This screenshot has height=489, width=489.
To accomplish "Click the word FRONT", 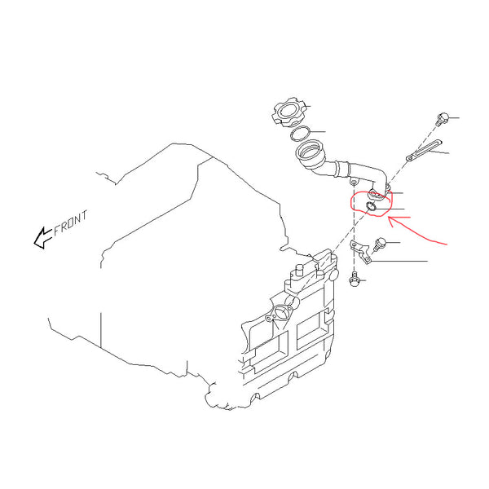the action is [70, 223].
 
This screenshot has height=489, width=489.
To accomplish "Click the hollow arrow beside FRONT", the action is [42, 238].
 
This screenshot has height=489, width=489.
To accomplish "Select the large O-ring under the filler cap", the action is [300, 134].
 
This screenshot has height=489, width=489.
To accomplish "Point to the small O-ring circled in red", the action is [372, 206].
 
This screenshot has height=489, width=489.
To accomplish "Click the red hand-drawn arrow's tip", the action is [389, 219].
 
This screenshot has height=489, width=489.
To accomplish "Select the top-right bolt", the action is [443, 120].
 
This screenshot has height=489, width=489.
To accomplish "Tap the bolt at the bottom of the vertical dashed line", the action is [355, 279].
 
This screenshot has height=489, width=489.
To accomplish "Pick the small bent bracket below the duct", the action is [360, 252].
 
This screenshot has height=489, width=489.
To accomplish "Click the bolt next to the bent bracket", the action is [379, 244].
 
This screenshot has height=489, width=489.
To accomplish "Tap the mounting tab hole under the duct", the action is [354, 182].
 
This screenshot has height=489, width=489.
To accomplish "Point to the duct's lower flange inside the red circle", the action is [378, 195].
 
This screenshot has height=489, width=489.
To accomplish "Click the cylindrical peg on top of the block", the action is [299, 270].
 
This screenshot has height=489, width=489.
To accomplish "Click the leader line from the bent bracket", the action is [399, 261].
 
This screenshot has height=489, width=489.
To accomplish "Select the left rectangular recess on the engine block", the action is [267, 350].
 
